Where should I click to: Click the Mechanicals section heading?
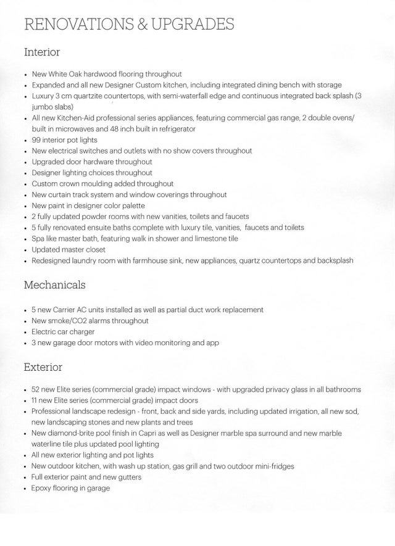[54, 285]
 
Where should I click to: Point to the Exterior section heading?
[43, 367]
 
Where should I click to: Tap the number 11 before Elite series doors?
[36, 400]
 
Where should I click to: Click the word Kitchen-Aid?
[87, 117]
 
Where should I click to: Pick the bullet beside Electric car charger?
[24, 332]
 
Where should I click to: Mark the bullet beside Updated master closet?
[24, 250]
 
